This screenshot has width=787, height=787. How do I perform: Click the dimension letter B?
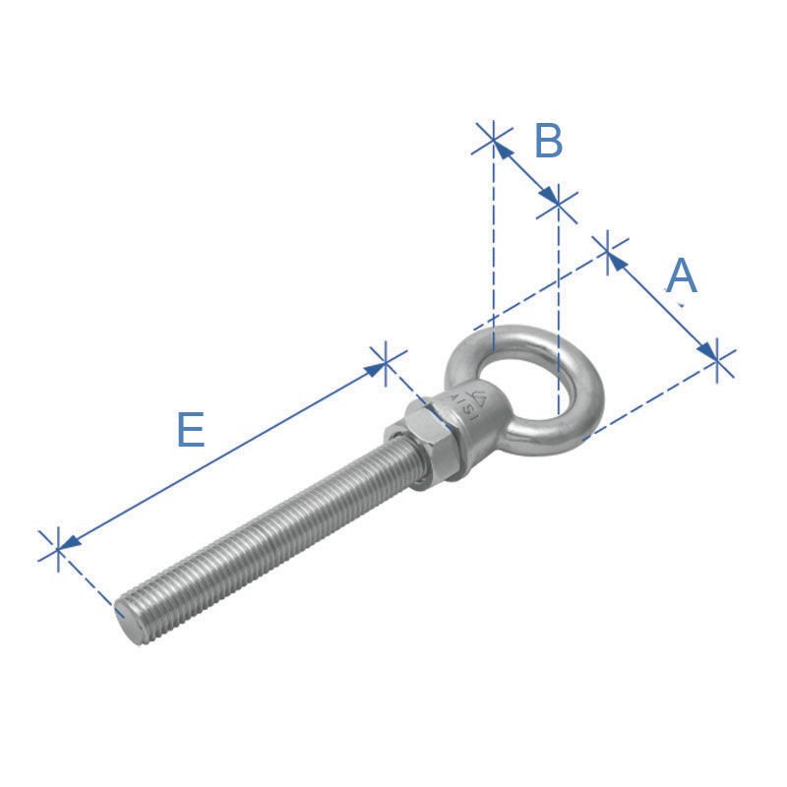click(548, 142)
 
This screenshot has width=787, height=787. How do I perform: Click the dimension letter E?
click(191, 431)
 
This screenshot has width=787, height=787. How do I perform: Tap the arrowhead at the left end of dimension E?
click(69, 540)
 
